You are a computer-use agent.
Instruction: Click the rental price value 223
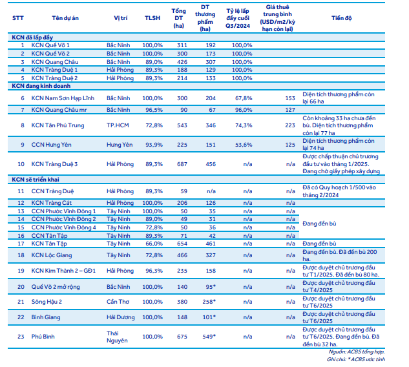(x=289, y=125)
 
